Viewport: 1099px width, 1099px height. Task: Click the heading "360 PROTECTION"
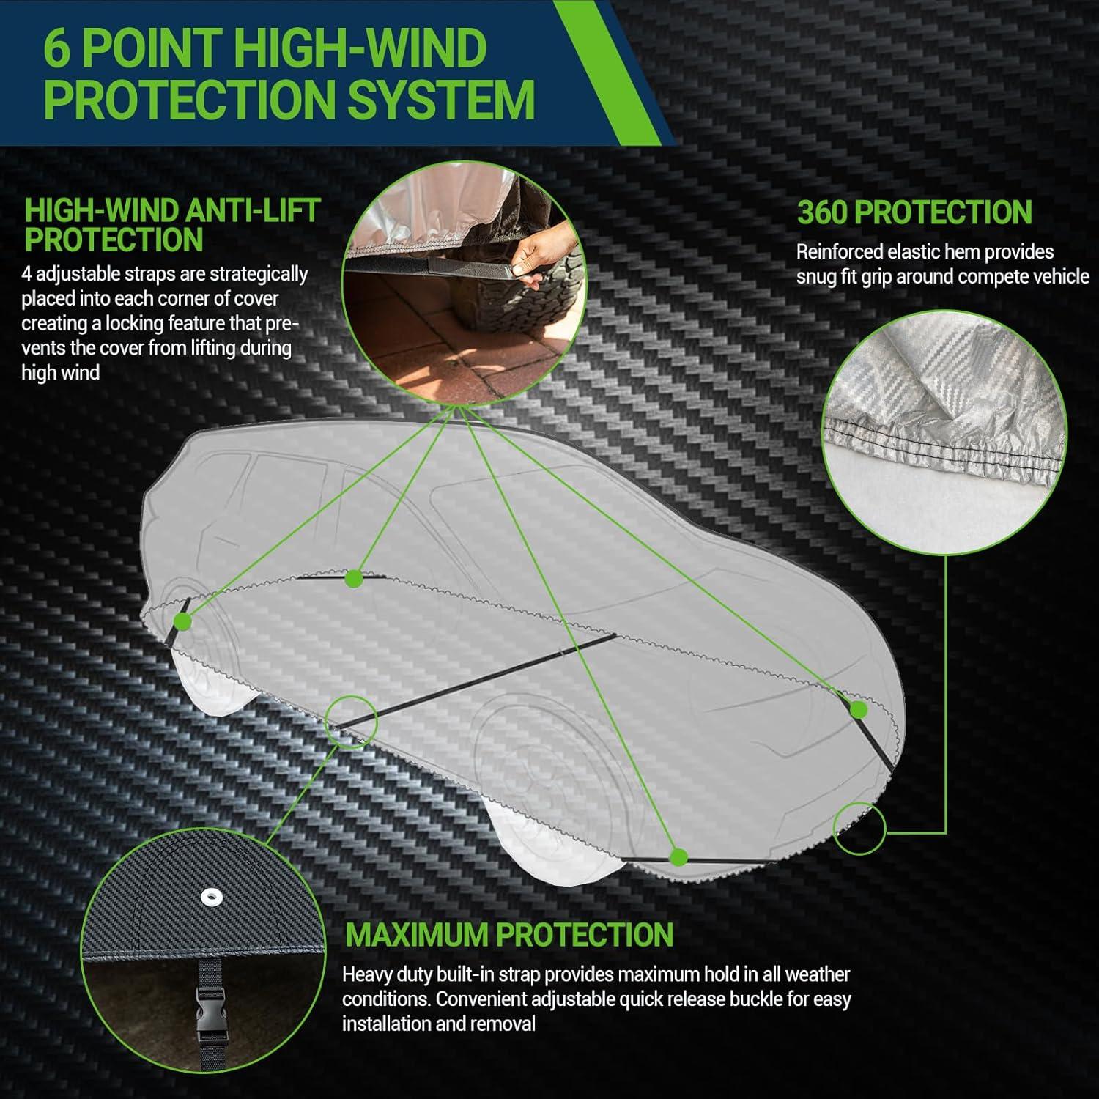(x=914, y=212)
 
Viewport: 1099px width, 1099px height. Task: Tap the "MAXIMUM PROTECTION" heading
(x=509, y=935)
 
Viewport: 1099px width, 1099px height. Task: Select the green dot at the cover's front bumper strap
(x=859, y=709)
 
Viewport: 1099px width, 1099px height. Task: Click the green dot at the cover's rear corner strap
(x=182, y=622)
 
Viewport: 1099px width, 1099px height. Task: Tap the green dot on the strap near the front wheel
(x=678, y=856)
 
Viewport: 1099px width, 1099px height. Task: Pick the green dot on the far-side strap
(x=354, y=578)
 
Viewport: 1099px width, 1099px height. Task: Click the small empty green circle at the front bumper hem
(x=859, y=828)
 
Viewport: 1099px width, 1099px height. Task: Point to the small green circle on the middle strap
(x=351, y=721)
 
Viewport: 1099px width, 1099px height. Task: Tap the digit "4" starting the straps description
(x=26, y=275)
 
